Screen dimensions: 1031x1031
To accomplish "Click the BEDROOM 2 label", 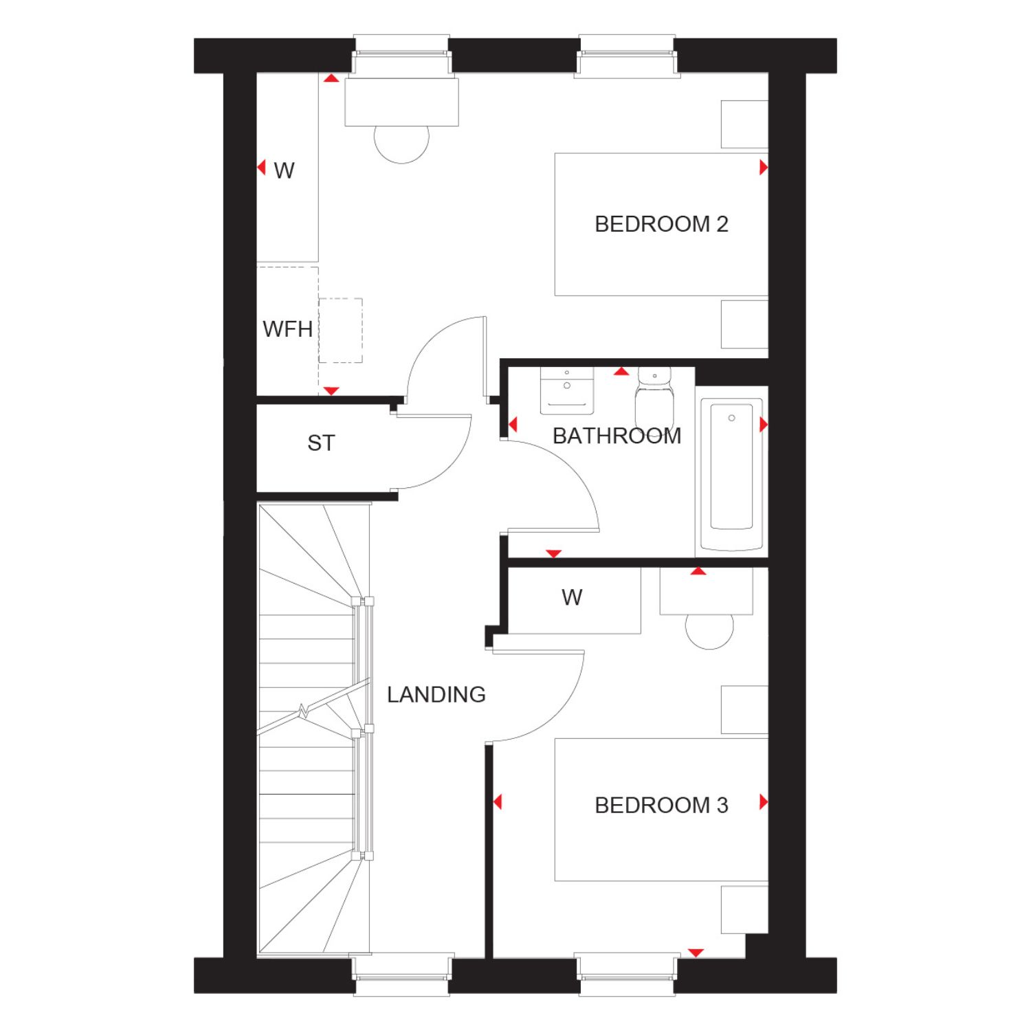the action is click(x=661, y=224).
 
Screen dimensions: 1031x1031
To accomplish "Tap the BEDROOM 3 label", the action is click(x=661, y=805).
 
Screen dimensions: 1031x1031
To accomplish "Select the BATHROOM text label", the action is click(x=617, y=436).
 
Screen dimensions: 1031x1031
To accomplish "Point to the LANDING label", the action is click(x=436, y=694).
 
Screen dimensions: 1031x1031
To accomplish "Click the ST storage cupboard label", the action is click(x=321, y=443).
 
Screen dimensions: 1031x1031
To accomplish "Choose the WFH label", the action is click(x=288, y=329).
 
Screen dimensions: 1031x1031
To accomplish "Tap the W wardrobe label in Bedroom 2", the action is click(x=284, y=170).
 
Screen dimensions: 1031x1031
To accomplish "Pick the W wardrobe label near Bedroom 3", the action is click(x=572, y=597).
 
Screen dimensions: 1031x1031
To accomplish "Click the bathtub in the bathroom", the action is click(x=731, y=475).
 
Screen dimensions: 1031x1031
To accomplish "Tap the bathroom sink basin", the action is click(x=567, y=391).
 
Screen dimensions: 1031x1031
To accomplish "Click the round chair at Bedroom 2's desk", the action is click(x=401, y=144).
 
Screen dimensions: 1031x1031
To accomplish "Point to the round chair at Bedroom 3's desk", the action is click(x=709, y=632).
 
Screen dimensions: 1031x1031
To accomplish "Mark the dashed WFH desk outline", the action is click(x=340, y=331).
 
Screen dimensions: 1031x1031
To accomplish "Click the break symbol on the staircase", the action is click(x=303, y=711).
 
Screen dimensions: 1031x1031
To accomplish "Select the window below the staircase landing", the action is click(x=402, y=975).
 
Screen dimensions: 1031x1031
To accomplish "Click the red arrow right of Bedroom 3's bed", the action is click(x=764, y=801).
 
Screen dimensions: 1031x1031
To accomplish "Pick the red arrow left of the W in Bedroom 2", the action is click(x=261, y=167).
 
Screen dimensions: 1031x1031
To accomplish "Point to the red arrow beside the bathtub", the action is click(x=764, y=425).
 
